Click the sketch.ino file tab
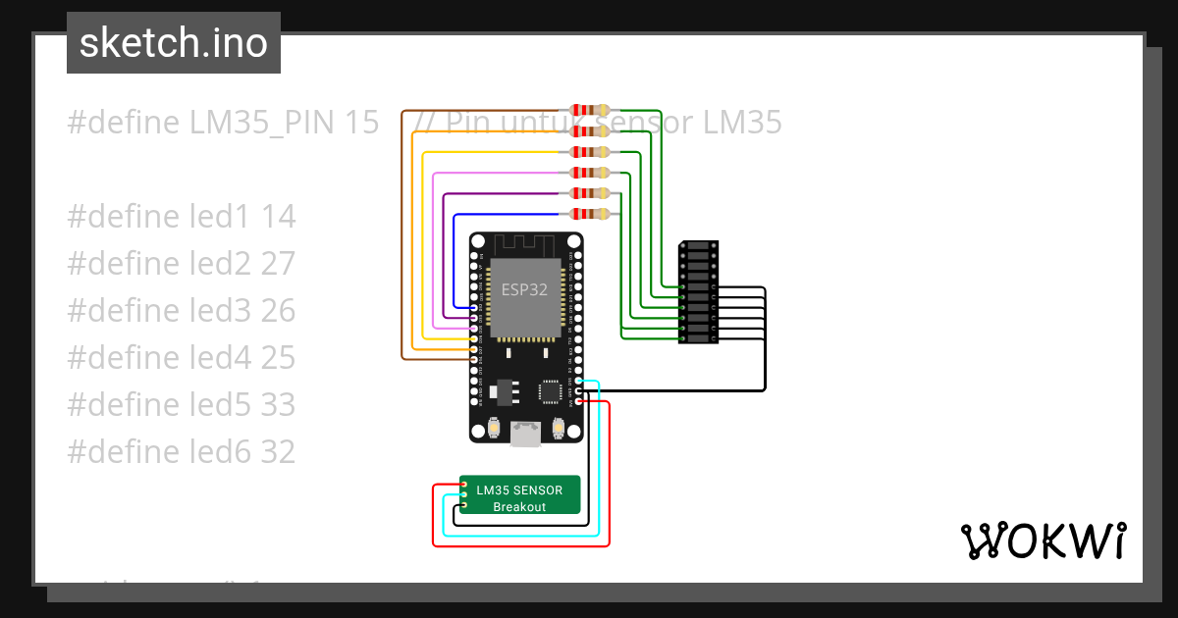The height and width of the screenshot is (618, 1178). pos(173,43)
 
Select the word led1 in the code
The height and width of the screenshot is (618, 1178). pos(219,217)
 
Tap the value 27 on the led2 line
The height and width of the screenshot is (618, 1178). pos(278,264)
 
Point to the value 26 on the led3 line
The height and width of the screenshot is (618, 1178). pos(278,311)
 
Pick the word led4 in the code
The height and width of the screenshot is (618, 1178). pos(219,358)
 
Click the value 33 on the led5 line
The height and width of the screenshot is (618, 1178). pos(278,405)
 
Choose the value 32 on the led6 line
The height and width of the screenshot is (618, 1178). pos(278,452)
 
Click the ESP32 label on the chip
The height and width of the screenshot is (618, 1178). pos(525,289)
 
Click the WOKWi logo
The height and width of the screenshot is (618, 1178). pos(1043,541)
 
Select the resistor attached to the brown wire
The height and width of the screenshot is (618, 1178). pos(586,111)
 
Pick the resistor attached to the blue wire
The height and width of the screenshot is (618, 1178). pos(586,214)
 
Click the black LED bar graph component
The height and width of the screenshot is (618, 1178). pos(698,292)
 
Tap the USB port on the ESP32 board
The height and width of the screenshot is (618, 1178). pos(526,434)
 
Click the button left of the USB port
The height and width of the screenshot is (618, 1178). pos(495,428)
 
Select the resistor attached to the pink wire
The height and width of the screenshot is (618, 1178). pos(586,173)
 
